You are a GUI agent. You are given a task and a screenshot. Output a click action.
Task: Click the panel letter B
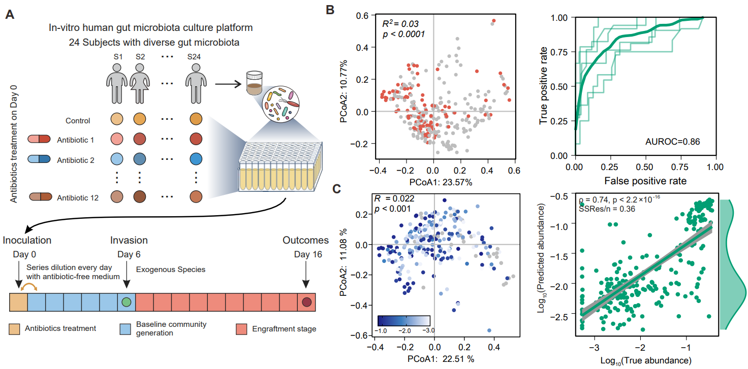point(330,9)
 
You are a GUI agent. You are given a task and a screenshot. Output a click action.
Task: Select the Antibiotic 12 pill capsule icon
point(40,197)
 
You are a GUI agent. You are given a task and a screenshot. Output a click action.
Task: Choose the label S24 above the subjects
point(193,57)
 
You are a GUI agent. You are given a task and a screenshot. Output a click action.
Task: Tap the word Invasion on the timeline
point(129,240)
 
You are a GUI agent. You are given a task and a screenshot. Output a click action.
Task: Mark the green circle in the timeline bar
point(127,302)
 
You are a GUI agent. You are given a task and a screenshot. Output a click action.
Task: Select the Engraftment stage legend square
point(242,329)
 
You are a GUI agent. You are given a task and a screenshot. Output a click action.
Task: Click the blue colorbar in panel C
point(404,320)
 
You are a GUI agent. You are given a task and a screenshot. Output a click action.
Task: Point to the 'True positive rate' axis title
point(544,86)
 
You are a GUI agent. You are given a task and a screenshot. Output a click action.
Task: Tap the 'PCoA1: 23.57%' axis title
point(433,182)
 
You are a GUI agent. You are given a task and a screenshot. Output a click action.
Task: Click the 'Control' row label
point(78,121)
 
